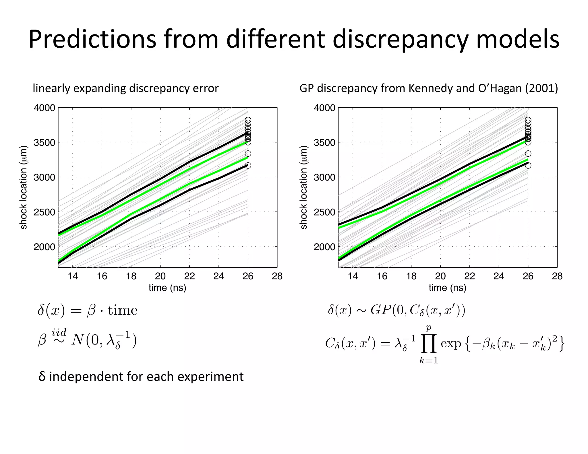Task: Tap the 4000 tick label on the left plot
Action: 44,108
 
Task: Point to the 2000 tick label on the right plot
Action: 324,247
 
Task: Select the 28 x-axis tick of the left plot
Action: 277,276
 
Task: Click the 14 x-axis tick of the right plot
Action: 353,276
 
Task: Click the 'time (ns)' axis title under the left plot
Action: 167,288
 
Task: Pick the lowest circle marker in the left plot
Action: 248,166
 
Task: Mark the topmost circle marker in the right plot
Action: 528,120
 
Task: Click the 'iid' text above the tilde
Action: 59,333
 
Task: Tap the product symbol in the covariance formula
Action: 429,344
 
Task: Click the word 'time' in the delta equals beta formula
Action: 123,310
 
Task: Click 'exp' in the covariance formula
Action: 450,344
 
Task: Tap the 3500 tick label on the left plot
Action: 44,143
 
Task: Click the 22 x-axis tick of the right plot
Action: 469,276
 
